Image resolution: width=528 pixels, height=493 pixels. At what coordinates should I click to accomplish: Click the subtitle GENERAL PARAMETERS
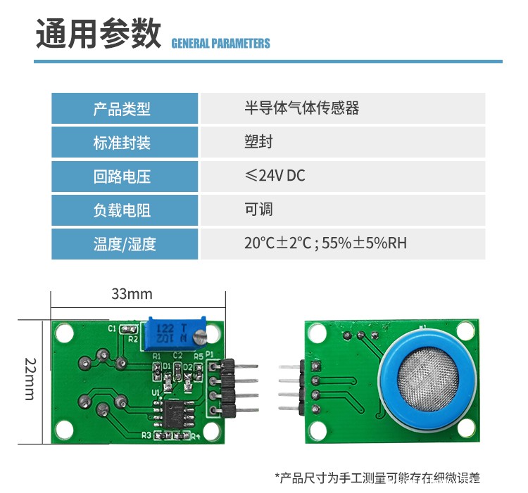(x=220, y=44)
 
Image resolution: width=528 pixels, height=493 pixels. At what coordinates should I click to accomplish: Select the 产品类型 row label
(x=122, y=109)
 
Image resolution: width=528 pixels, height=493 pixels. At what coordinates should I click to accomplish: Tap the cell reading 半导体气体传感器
(x=301, y=108)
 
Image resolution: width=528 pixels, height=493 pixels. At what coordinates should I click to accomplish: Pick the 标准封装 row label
(x=122, y=143)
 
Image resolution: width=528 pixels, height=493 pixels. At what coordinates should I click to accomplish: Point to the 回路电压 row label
(x=122, y=177)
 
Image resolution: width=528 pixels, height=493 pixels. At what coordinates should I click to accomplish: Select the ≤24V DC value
(x=275, y=176)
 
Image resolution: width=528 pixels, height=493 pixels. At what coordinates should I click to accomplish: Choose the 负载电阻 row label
(x=122, y=210)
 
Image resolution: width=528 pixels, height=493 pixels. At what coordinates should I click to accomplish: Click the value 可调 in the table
(x=258, y=210)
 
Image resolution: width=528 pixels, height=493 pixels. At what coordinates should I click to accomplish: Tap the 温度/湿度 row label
(x=125, y=244)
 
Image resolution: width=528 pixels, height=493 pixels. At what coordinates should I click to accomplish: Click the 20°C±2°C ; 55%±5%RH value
(x=325, y=243)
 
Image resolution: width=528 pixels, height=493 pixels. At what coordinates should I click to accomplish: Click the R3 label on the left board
(x=146, y=435)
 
